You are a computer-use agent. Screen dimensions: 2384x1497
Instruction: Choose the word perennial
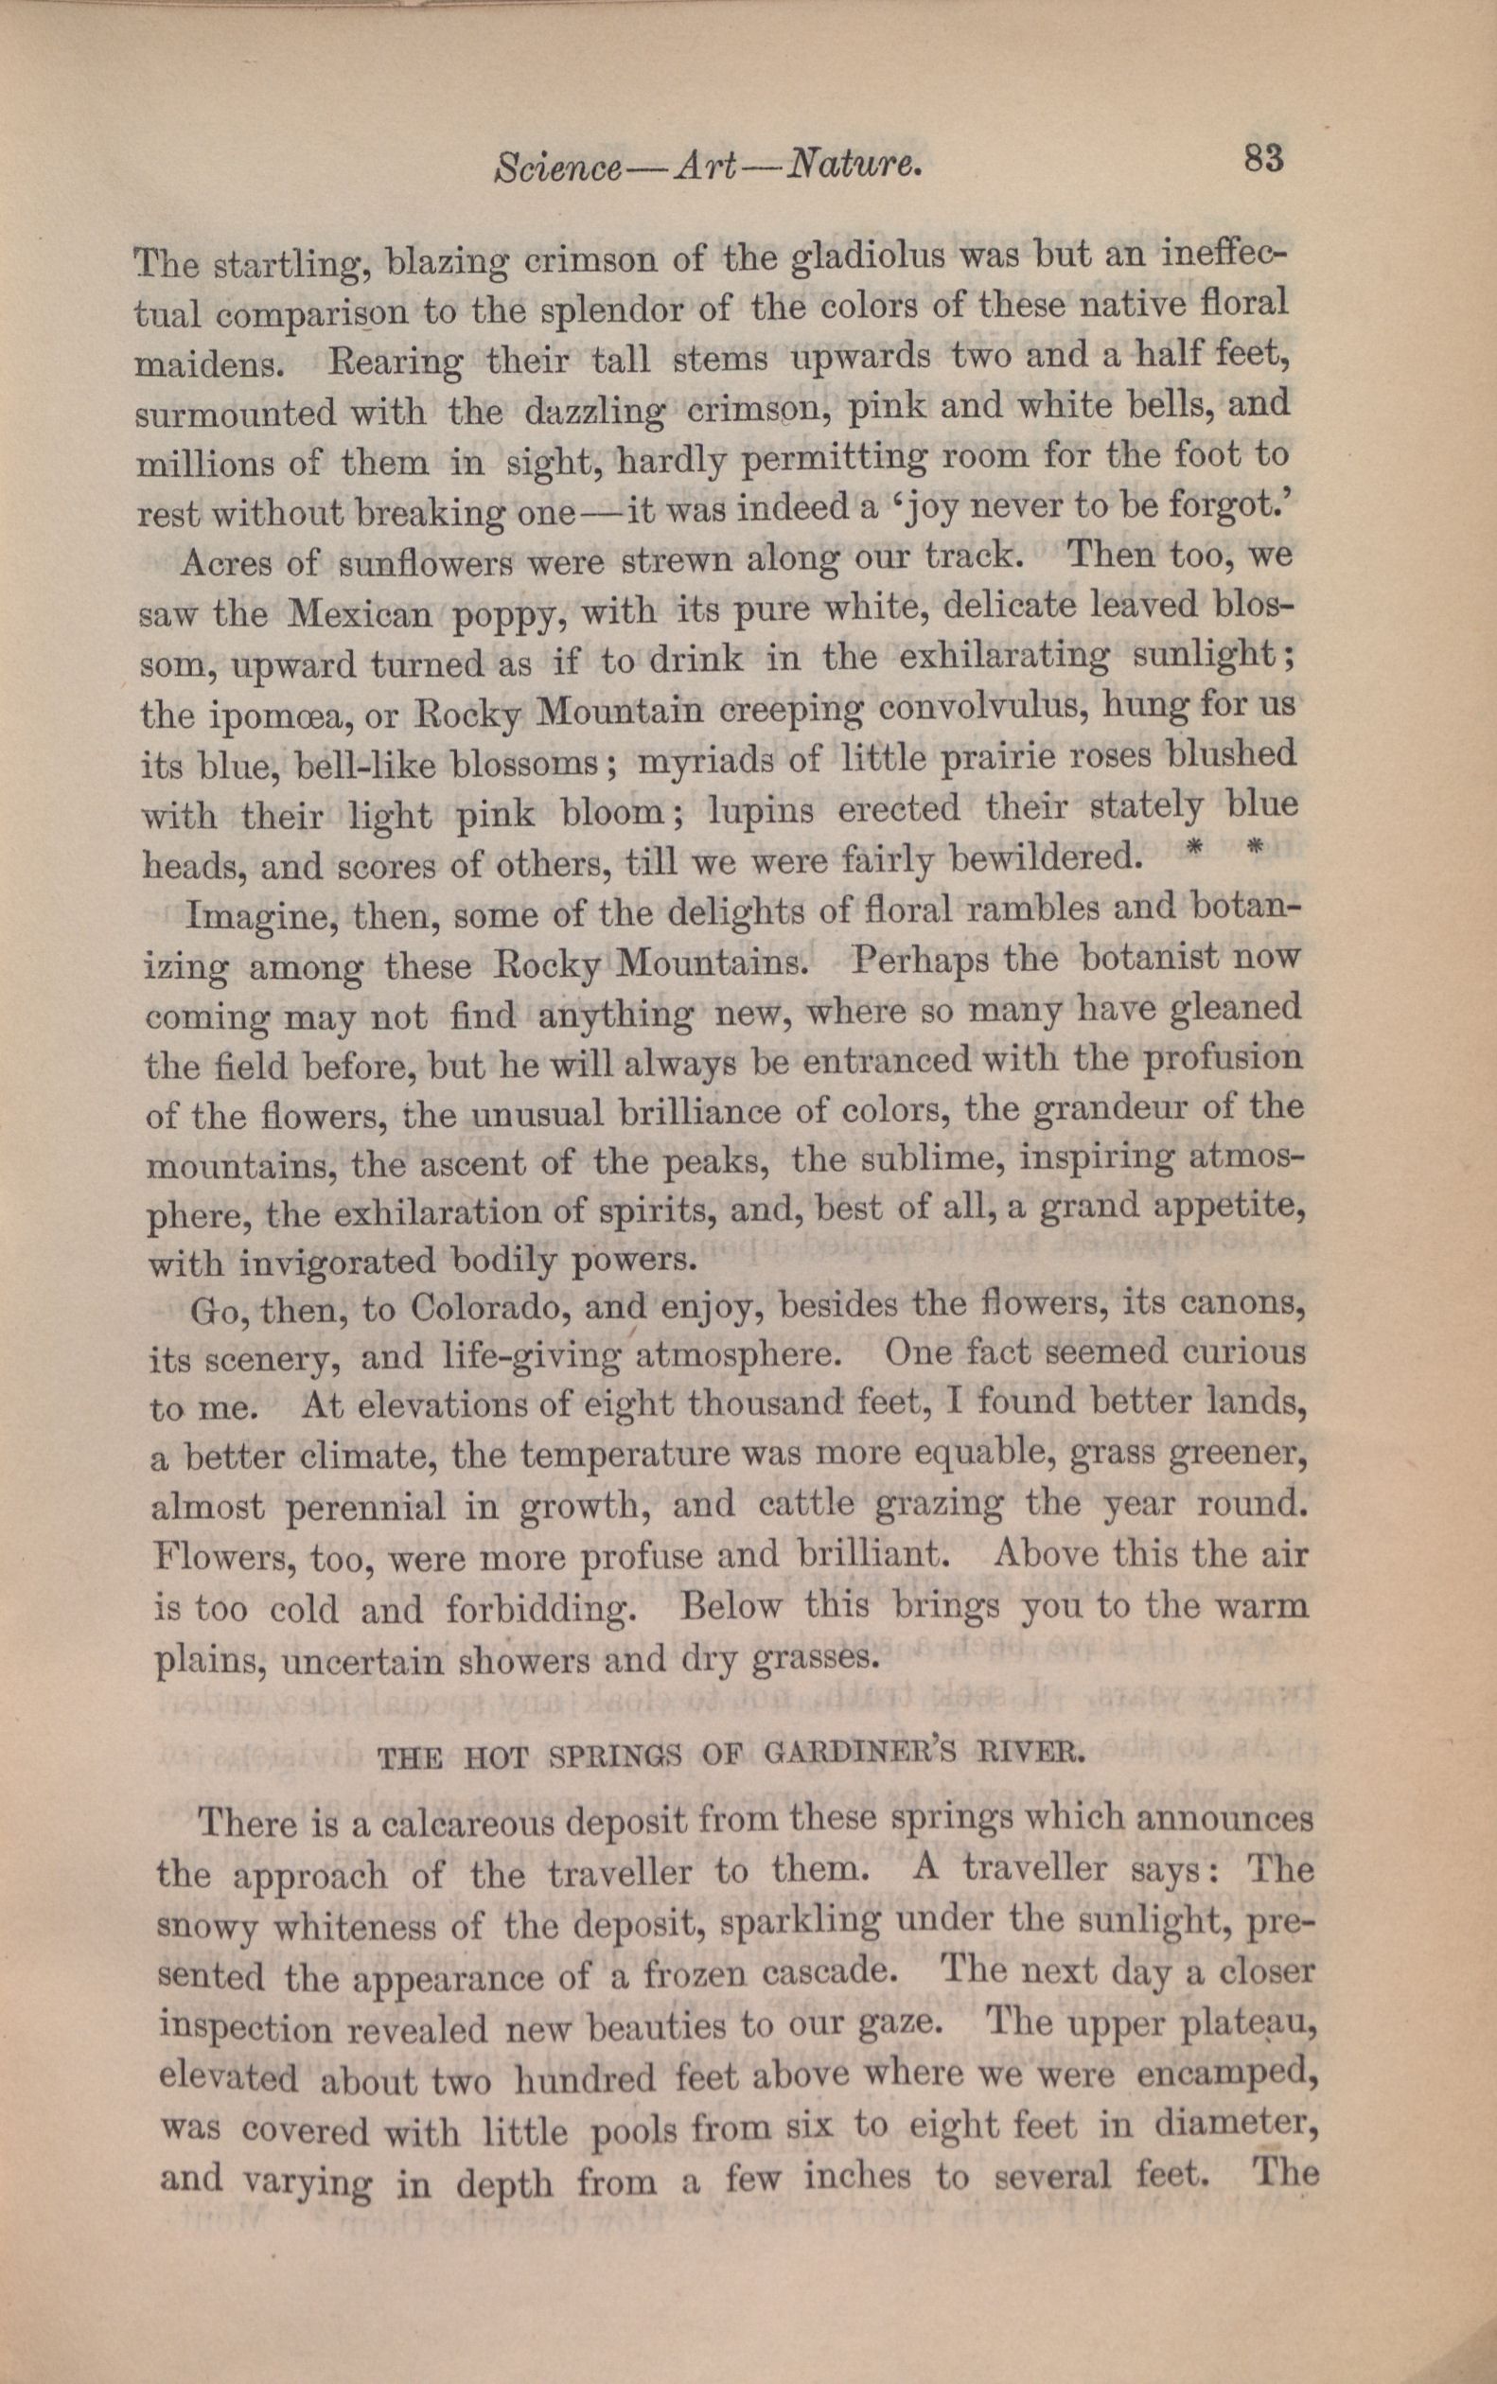(x=364, y=1509)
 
